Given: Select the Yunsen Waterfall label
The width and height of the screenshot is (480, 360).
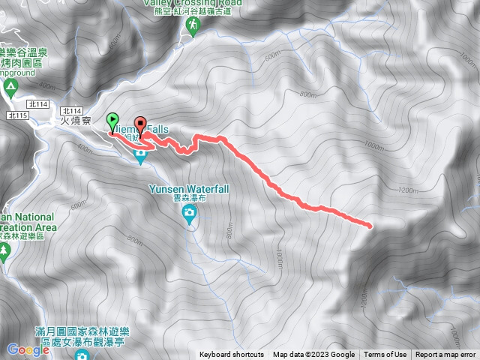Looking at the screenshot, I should tap(189, 190).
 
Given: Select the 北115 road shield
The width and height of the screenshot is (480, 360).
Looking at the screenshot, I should tap(16, 115).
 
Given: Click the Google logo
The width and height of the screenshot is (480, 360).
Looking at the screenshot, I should tap(28, 349).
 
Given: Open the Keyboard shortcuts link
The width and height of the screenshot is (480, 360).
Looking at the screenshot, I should tap(232, 355).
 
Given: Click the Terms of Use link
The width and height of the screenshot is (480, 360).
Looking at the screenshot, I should tap(386, 355).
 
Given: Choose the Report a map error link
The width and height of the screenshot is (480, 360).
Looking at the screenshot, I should tap(445, 355).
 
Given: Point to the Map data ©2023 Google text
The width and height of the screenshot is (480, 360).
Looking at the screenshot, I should tap(314, 355).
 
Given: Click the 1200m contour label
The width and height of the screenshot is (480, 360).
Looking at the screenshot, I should tap(408, 190).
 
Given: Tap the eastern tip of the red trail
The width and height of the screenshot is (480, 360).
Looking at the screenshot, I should tap(370, 224).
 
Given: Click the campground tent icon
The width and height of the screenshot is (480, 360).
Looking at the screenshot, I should tap(10, 86).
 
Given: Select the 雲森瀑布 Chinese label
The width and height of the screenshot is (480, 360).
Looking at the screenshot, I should tap(190, 200).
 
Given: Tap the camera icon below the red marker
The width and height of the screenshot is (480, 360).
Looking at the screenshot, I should tap(140, 156).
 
